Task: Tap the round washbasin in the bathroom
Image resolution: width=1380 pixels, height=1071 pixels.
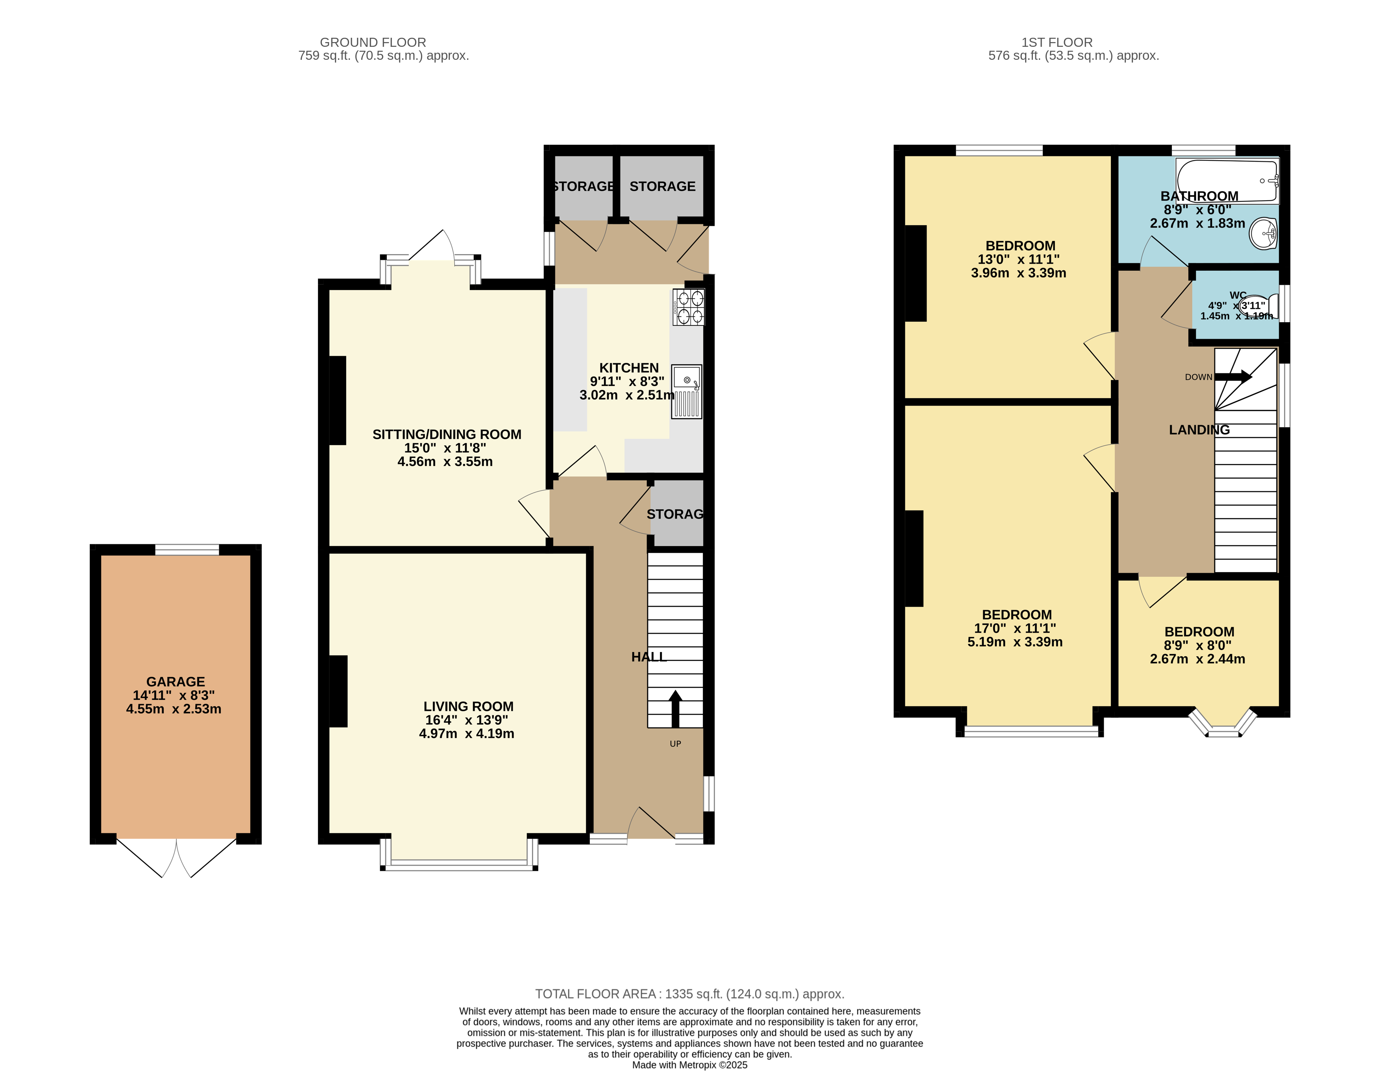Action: [x=1263, y=234]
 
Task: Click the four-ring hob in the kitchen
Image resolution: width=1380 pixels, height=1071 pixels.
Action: [x=688, y=307]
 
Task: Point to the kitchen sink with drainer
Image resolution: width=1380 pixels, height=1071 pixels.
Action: [x=686, y=392]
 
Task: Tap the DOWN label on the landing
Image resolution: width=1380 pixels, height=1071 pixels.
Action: [x=1198, y=377]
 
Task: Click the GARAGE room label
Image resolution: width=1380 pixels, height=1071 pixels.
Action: [x=176, y=682]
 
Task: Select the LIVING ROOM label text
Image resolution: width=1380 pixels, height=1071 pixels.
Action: [x=468, y=706]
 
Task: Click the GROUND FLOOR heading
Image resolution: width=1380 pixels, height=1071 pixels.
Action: [x=373, y=42]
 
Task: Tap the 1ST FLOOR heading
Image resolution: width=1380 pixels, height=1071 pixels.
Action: [x=1057, y=42]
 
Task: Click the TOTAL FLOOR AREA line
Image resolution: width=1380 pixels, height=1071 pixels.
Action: [x=689, y=994]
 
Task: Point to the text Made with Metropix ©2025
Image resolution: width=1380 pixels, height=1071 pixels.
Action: [x=689, y=1065]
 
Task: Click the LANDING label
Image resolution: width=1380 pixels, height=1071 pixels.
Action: [x=1199, y=430]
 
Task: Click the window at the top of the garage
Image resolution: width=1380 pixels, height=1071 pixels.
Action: [x=187, y=550]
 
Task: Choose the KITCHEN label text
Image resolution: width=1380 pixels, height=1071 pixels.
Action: [x=629, y=368]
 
